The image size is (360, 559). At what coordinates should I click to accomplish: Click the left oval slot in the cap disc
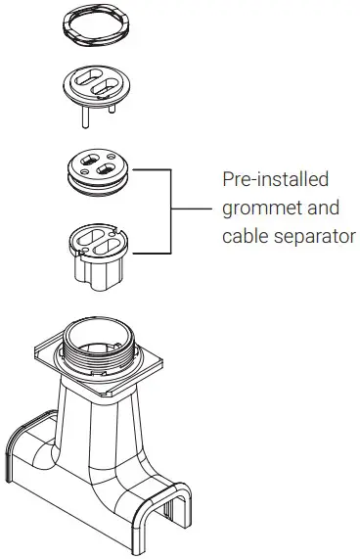tap(84, 81)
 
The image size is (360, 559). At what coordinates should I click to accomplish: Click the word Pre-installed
tap(275, 181)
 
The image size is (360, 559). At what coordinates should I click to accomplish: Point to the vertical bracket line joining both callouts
tap(172, 210)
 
